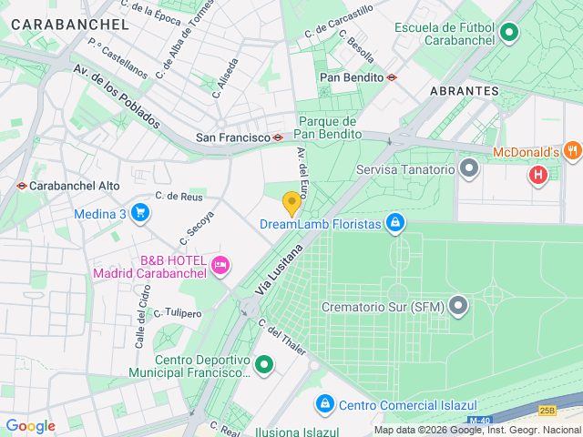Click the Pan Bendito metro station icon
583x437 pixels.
pos(392,77)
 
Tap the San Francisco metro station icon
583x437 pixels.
pos(278,137)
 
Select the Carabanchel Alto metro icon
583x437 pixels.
pos(21,185)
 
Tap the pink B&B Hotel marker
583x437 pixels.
pos(220,265)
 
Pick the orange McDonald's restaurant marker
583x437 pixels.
pos(572,151)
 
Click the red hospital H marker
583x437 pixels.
pos(538,173)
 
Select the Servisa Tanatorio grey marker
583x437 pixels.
pos(470,168)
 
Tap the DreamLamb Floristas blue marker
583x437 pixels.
pos(394,221)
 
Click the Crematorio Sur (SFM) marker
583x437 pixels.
pos(458,306)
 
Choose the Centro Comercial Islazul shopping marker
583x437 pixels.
pos(324,403)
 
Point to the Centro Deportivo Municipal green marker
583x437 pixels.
pos(264,365)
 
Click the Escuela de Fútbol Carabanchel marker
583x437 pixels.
pos(509,35)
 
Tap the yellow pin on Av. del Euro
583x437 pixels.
pos(291,202)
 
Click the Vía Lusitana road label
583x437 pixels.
pos(279,269)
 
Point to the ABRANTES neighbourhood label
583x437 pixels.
pos(464,91)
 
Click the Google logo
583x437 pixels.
pos(30,426)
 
